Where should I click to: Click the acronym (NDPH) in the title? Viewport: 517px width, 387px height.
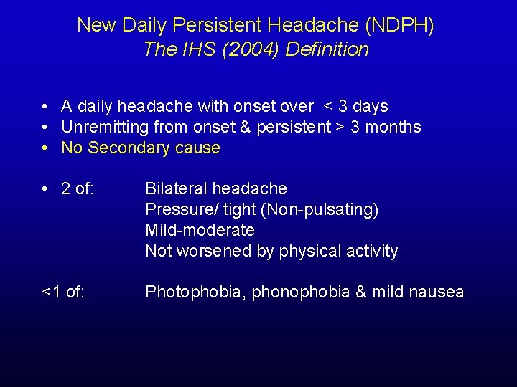click(399, 25)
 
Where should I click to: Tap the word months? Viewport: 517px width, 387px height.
click(395, 128)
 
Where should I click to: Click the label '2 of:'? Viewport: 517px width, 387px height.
click(78, 188)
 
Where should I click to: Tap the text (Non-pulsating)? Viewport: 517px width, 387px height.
click(319, 209)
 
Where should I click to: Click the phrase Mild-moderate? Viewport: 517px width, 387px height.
click(200, 230)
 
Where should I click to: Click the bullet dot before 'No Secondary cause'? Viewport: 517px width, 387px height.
click(45, 148)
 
